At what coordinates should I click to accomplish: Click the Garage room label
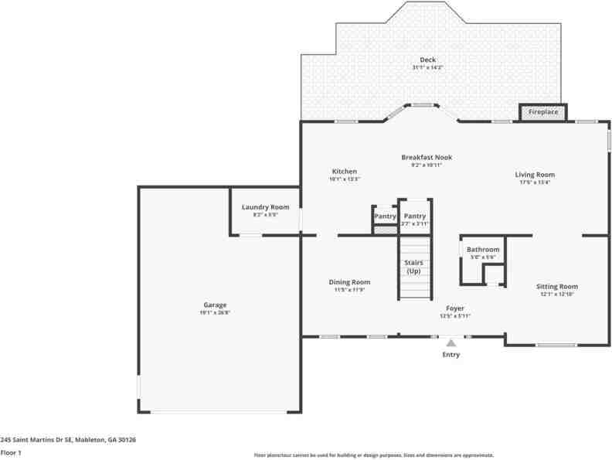215,305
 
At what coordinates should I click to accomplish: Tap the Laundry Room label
265,206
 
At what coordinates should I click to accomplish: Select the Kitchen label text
344,171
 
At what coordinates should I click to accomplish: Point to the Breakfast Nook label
426,157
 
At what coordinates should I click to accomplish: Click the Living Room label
535,175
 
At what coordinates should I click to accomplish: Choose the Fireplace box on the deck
542,113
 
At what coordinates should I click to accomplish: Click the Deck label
427,60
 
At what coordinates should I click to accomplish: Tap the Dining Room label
349,282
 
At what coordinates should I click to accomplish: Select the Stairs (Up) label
413,267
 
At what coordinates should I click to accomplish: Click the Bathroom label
483,249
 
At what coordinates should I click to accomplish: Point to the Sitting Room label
557,286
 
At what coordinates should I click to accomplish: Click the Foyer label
454,308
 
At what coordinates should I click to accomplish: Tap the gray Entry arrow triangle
451,341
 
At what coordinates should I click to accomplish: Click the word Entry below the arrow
450,355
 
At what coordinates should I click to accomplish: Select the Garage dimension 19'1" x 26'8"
215,312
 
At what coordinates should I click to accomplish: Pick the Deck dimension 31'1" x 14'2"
427,68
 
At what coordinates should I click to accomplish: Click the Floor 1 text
11,452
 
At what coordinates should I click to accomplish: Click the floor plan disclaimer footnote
374,455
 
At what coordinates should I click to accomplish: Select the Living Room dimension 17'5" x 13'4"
535,182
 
